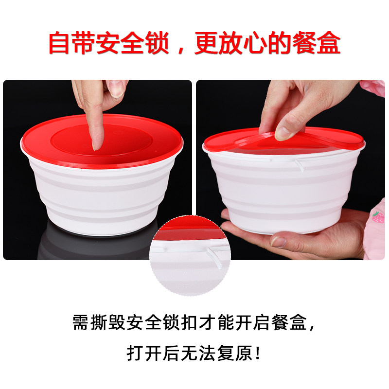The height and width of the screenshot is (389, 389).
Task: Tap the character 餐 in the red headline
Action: tap(304, 42)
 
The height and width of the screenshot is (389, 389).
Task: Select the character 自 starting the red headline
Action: tap(58, 42)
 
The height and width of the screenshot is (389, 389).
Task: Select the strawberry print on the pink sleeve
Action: tap(377, 216)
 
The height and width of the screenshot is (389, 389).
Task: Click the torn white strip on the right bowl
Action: tap(299, 165)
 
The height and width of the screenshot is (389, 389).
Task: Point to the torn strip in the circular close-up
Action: tap(214, 258)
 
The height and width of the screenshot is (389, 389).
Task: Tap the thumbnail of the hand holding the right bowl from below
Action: tap(278, 242)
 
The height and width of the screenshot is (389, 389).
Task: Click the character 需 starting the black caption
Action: tap(80, 322)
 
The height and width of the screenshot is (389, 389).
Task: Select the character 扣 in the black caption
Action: tap(189, 322)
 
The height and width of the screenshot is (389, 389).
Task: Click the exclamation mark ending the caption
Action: tap(258, 353)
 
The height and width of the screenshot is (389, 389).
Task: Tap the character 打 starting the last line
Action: tap(135, 353)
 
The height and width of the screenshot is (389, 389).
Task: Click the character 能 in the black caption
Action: tap(226, 322)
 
